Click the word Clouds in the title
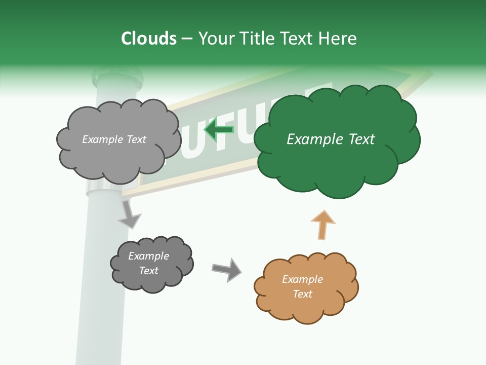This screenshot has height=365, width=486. point(149,39)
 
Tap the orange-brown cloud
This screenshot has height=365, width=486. point(306,288)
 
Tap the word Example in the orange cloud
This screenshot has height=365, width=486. point(302,279)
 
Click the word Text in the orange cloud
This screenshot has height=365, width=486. point(303,294)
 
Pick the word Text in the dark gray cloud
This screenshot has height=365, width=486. point(149,271)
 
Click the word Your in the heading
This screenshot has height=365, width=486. point(214,39)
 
